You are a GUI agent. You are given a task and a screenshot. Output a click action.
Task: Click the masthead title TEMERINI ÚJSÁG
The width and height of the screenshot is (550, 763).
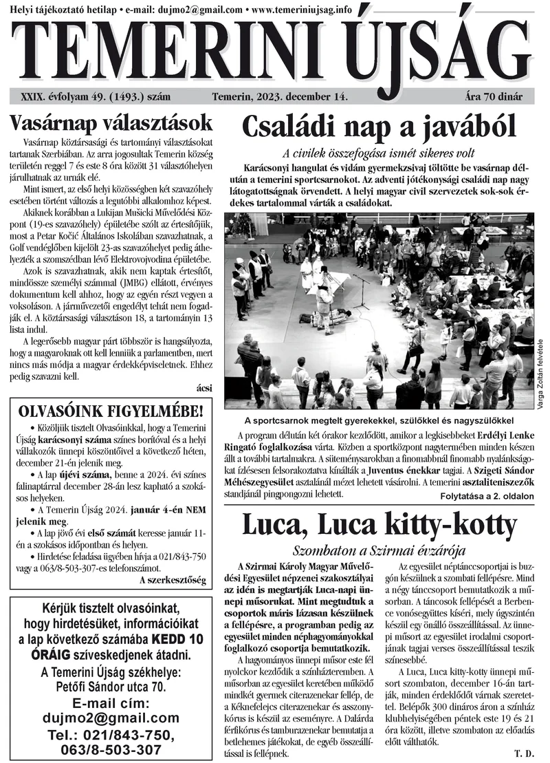(275, 52)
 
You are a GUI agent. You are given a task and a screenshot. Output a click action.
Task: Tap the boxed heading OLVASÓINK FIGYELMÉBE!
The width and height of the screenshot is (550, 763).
(111, 412)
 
